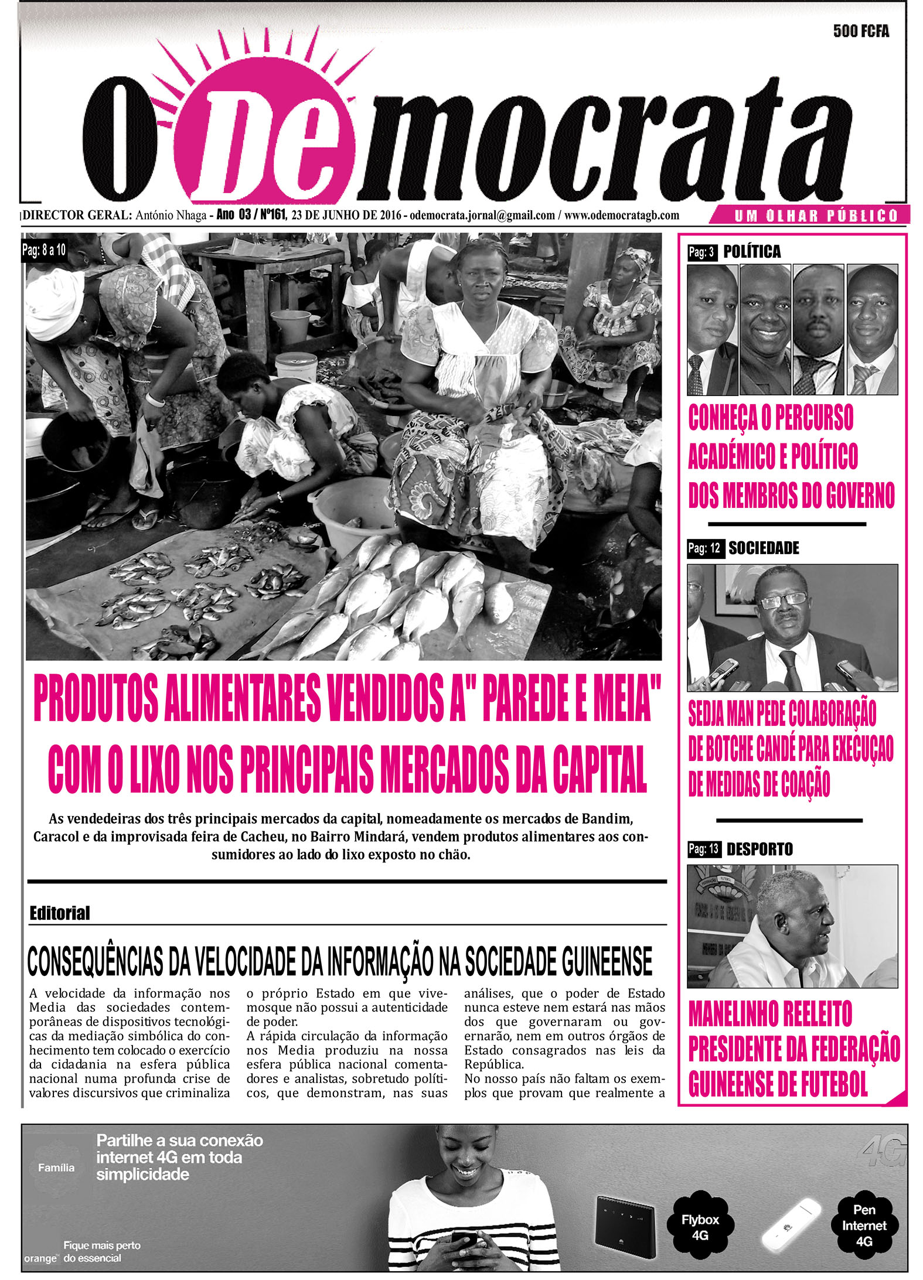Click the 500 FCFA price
[860, 31]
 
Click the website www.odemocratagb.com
[622, 215]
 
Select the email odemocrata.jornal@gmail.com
[482, 215]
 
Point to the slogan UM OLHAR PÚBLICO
[816, 216]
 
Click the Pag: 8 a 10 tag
[43, 250]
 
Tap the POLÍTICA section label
[752, 252]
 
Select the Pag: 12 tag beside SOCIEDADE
[704, 548]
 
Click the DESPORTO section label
[759, 849]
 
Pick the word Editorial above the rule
[59, 913]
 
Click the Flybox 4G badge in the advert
[700, 1227]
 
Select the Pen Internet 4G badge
[864, 1225]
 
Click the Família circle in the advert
[56, 1168]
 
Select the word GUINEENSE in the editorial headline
[606, 961]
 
